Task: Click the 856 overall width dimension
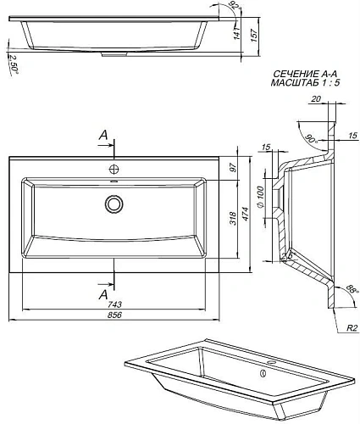pos(114,315)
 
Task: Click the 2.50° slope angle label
pos(12,62)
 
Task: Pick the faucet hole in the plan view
pos(114,168)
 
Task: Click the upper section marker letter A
pos(102,135)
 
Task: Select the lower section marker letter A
pos(102,294)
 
